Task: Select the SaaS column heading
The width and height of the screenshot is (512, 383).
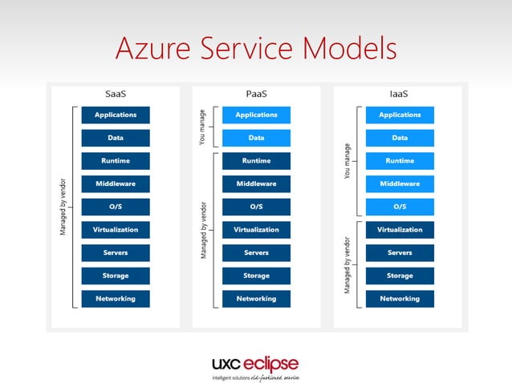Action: pos(116,94)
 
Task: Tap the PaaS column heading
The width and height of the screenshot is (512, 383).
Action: pos(256,94)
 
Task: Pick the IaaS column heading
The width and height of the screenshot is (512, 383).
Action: pos(398,94)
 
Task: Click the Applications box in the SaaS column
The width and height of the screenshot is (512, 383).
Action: pos(116,115)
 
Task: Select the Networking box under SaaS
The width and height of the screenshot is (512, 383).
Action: pos(116,299)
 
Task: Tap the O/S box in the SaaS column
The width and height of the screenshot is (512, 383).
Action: pos(116,207)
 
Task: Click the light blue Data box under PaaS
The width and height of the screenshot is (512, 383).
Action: pos(256,138)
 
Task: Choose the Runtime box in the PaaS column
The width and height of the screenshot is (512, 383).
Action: pos(256,161)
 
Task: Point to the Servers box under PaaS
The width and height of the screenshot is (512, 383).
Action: pos(256,253)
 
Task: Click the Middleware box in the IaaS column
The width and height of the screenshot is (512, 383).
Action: pos(400,184)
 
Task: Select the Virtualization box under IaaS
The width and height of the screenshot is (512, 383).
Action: pos(400,230)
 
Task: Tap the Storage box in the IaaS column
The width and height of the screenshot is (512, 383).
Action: pos(400,276)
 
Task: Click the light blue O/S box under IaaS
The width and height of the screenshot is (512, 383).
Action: pos(400,207)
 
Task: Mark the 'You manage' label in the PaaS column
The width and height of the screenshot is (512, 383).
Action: pos(202,127)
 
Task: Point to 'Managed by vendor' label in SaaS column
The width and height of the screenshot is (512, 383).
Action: pos(62,207)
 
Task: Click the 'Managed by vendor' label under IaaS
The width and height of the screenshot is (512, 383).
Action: pos(347,264)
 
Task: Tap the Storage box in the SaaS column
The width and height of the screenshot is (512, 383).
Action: pos(116,276)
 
